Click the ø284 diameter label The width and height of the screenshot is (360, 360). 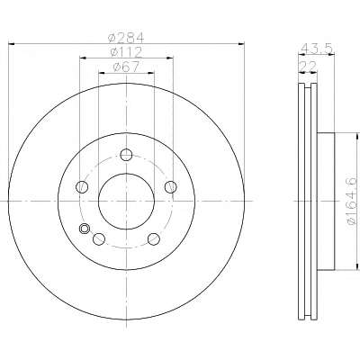[x=126, y=38]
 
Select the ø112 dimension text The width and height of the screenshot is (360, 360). [x=126, y=52]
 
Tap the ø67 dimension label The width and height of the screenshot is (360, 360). [x=126, y=67]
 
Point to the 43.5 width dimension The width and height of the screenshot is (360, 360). [x=317, y=48]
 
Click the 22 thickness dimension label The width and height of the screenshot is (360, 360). [x=308, y=67]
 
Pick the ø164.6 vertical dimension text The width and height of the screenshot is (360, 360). [x=352, y=201]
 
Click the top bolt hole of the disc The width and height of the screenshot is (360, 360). [x=126, y=155]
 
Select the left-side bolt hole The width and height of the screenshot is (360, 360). [x=82, y=187]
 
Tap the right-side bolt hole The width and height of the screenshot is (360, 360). [x=171, y=187]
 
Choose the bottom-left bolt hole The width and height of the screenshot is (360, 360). [x=99, y=239]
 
